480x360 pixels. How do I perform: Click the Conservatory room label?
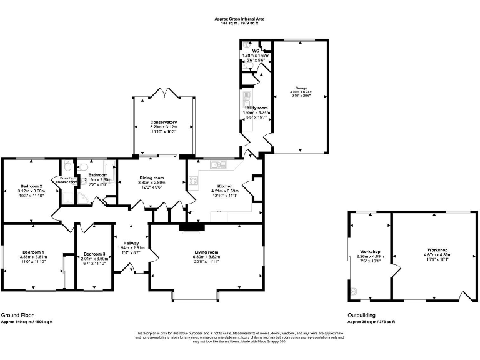[164, 122]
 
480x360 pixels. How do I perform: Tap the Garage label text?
[301, 87]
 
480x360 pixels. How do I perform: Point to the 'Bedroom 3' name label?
[94, 253]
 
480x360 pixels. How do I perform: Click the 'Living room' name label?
[206, 252]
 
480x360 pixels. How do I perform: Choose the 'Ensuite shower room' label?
[66, 180]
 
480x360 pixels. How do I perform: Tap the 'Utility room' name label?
[256, 108]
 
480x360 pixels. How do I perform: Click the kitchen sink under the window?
[217, 164]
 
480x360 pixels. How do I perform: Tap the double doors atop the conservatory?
[164, 92]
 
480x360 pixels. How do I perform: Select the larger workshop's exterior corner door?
[465, 295]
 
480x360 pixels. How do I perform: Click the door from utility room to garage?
[267, 141]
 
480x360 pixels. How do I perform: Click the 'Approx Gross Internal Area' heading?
[240, 19]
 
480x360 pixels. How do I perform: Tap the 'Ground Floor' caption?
[17, 316]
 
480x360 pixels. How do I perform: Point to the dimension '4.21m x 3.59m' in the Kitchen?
[225, 191]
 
